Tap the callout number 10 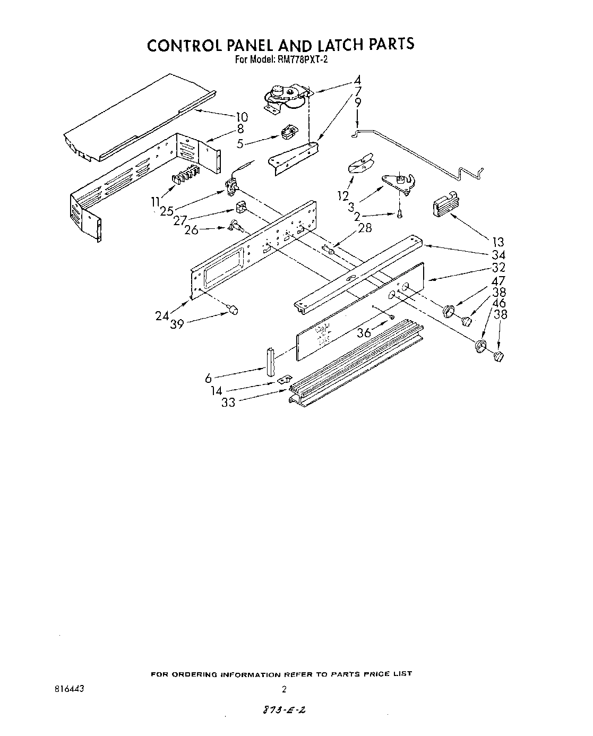point(241,117)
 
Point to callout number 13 point(498,242)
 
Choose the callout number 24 point(162,315)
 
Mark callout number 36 point(364,333)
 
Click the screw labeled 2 point(399,215)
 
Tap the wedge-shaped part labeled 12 point(360,163)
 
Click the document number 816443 point(69,689)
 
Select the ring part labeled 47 point(449,309)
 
